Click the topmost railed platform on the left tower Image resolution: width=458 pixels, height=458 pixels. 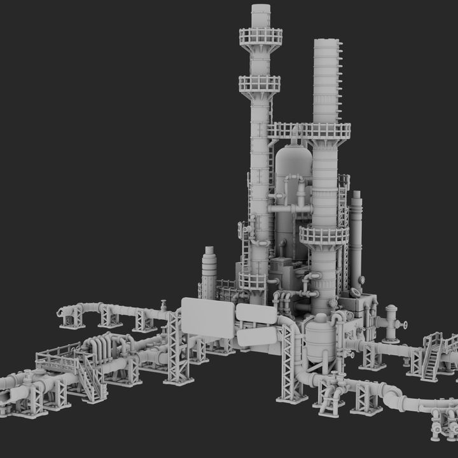tap(261, 37)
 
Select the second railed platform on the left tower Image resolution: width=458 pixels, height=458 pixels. tap(260, 84)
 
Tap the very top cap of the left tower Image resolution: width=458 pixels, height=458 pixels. tap(261, 9)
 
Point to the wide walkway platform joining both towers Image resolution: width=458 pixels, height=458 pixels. tap(310, 131)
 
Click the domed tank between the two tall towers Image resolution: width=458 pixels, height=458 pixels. tap(293, 165)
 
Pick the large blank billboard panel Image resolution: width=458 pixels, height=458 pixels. tap(208, 316)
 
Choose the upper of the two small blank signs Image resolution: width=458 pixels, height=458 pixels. tap(256, 313)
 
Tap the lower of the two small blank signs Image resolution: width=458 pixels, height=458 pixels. tap(256, 335)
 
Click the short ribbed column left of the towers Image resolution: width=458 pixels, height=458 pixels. tap(209, 271)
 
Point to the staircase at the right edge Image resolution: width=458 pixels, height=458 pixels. tap(432, 356)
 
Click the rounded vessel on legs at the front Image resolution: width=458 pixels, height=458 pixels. tap(320, 340)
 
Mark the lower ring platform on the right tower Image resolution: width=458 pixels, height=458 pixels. tap(324, 235)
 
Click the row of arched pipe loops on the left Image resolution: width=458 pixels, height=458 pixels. tap(102, 347)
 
